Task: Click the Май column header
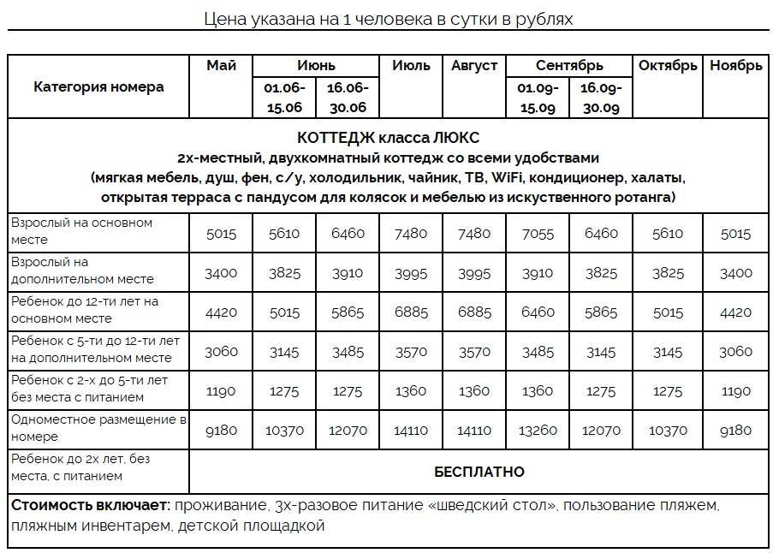coord(221,66)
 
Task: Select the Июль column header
coord(411,66)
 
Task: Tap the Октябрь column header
coord(668,66)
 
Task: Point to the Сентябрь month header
coord(569,66)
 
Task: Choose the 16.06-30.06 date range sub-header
coord(348,98)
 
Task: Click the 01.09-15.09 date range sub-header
coord(538,98)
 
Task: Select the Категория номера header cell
coord(98,86)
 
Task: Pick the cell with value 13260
coord(538,431)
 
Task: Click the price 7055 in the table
coord(538,234)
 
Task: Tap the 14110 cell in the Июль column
coord(411,431)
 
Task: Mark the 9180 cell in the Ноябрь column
coord(735,431)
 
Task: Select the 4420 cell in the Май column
coord(221,312)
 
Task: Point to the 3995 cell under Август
coord(474,273)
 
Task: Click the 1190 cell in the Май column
coord(221,391)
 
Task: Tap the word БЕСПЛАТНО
coord(479,472)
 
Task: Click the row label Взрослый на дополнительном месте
coord(83,271)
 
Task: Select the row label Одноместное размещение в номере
coord(98,428)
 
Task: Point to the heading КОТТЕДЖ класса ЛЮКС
coord(388,138)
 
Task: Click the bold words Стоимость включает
coord(90,506)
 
